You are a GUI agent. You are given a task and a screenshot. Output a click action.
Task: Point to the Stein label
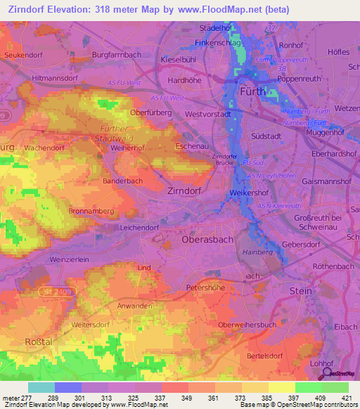click(x=302, y=290)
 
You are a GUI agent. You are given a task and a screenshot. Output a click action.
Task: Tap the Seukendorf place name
click(x=25, y=54)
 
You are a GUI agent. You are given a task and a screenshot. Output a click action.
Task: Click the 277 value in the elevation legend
click(x=25, y=398)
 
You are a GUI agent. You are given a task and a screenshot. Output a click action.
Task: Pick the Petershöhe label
click(x=206, y=287)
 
